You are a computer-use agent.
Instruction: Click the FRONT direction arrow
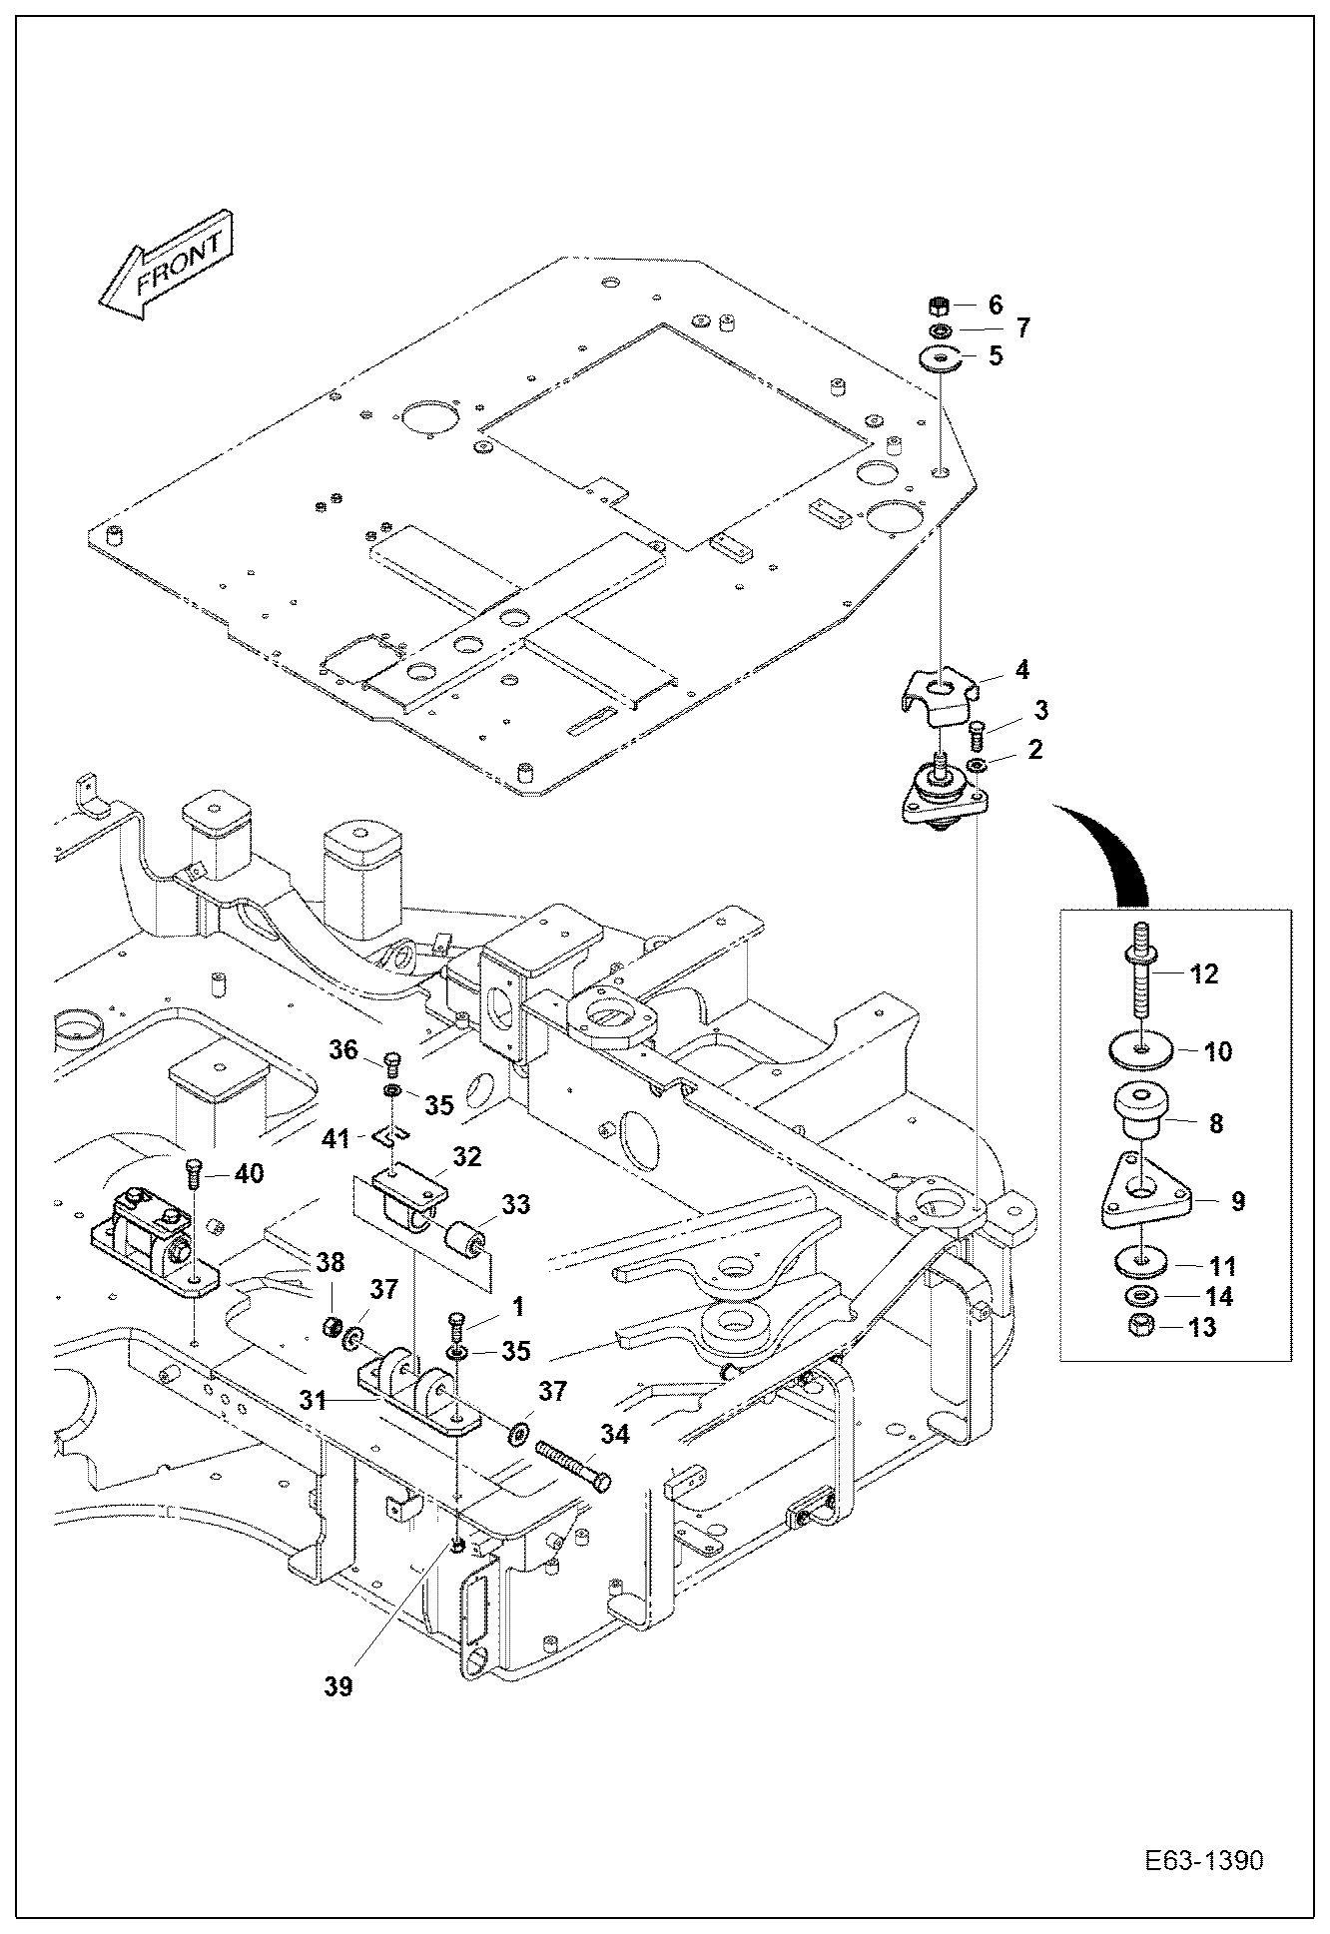pos(168,266)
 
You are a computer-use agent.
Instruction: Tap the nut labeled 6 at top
pos(938,305)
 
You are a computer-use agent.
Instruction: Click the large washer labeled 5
pos(940,356)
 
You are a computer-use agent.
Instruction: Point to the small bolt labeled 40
pos(194,1171)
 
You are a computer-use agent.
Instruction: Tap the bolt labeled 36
pos(392,1060)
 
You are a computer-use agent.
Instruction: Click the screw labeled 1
pos(456,1322)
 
